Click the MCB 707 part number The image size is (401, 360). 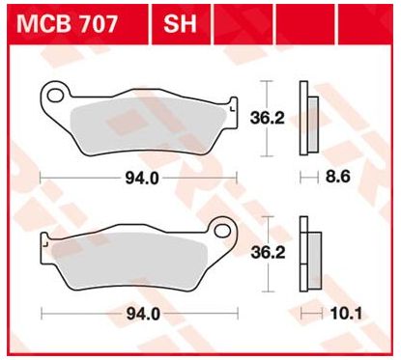point(68,24)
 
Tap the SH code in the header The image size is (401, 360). point(180,24)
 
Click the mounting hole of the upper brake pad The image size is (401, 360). point(54,96)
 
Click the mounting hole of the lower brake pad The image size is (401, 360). point(222,231)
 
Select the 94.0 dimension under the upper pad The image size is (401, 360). point(142,178)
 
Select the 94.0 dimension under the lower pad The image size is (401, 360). point(143,314)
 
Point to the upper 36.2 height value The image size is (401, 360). point(268,118)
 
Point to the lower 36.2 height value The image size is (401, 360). point(268,253)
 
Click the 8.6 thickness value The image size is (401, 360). point(337,177)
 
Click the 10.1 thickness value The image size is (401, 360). point(346,314)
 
